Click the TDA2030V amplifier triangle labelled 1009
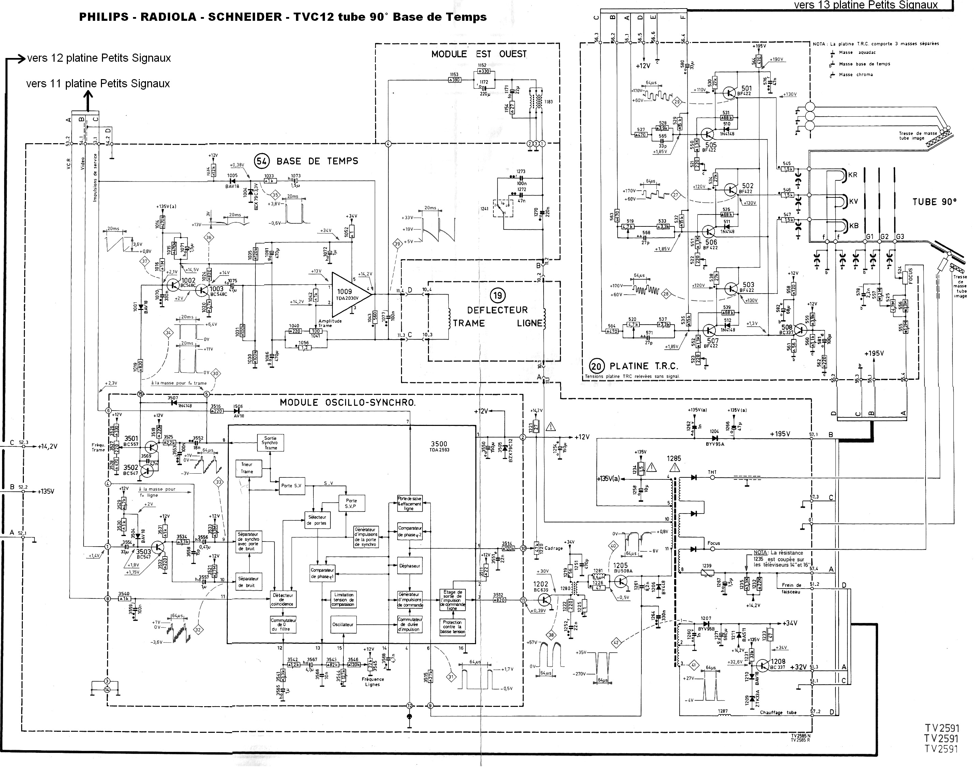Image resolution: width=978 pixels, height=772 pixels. click(x=349, y=294)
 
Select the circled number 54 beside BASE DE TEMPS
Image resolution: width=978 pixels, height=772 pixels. click(x=262, y=161)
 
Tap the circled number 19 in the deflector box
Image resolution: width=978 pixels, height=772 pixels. click(x=497, y=296)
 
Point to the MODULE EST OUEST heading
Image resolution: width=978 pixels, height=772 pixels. click(x=479, y=54)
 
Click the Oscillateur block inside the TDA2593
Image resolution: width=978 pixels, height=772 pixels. click(x=343, y=624)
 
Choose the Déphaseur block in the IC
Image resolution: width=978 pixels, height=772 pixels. click(x=410, y=565)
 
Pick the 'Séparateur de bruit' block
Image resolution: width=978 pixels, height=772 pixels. click(x=249, y=582)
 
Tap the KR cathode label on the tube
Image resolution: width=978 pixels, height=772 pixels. click(x=853, y=175)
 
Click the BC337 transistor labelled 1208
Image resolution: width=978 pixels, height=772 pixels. click(x=763, y=665)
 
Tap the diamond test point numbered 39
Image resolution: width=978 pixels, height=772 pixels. click(x=398, y=244)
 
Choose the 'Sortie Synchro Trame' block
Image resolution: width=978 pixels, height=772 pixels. click(x=270, y=443)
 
